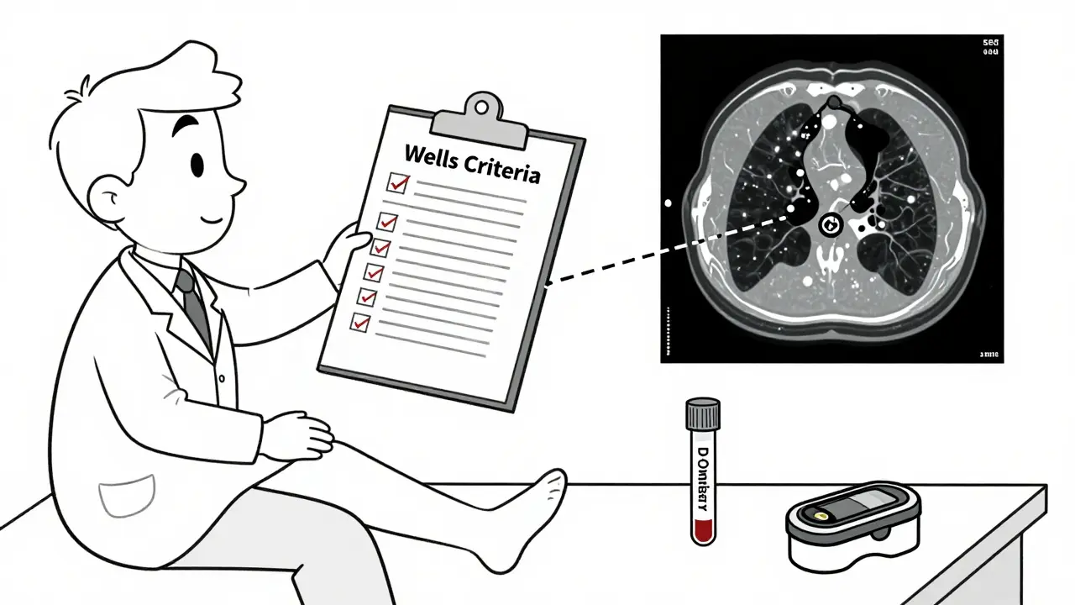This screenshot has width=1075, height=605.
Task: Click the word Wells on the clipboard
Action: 431,156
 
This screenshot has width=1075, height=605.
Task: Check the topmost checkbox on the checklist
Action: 396,182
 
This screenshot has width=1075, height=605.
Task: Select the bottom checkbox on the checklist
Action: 360,321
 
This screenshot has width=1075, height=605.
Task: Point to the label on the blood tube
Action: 703,476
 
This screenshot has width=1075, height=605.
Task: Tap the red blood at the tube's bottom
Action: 702,530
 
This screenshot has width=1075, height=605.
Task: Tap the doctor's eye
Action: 197,163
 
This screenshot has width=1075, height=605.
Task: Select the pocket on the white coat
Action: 126,496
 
